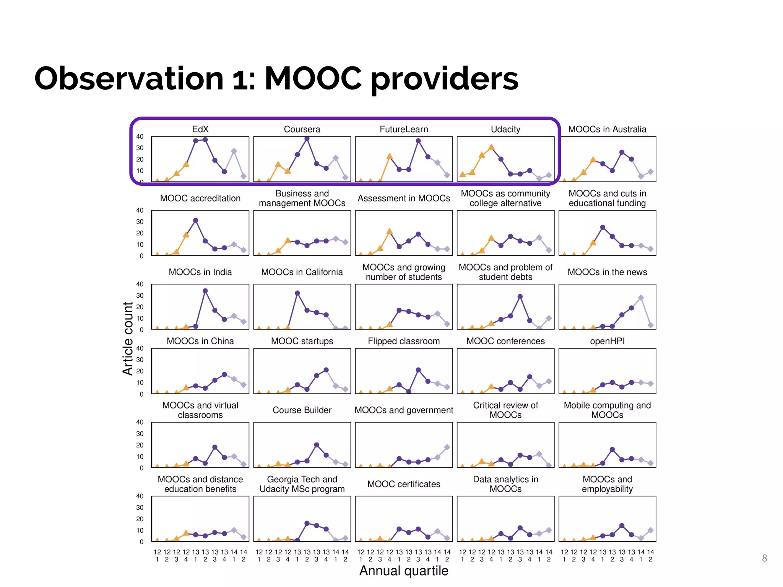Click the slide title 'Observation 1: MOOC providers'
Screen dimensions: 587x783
pos(276,79)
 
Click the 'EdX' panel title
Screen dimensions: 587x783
pos(200,129)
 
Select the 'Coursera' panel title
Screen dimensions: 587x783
pos(302,129)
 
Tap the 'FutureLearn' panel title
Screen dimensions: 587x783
pos(404,129)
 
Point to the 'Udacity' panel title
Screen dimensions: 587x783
pos(505,129)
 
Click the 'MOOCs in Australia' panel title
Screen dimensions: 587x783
pos(607,129)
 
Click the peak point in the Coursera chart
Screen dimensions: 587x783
pos(307,139)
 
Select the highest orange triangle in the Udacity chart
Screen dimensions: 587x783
pos(491,147)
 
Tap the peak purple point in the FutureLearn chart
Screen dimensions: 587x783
pos(418,141)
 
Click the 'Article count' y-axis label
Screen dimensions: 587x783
pos(128,339)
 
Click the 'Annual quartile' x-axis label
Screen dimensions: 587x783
pos(404,571)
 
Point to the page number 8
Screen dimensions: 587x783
pos(764,558)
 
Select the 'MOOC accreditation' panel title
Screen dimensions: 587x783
pos(200,198)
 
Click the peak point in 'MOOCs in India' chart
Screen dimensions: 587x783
pos(205,291)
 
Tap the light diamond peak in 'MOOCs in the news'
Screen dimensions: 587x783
pos(641,298)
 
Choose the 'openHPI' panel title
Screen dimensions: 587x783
pos(607,341)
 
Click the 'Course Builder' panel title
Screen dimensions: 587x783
pos(302,410)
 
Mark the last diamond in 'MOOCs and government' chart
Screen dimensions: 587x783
pos(447,447)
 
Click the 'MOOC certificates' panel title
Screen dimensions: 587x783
pos(404,484)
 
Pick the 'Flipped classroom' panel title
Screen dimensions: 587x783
pos(404,341)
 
